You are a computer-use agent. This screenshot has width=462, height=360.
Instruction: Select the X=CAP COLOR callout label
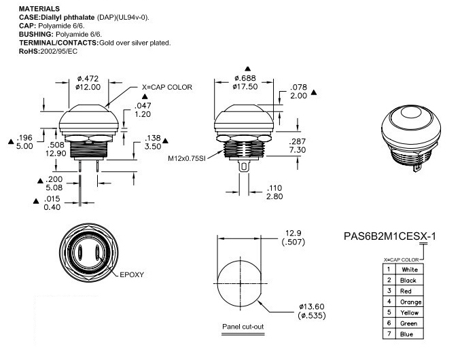[x=167, y=87]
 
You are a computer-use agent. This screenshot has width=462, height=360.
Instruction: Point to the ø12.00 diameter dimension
[x=88, y=88]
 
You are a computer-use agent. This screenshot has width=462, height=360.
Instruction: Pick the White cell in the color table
[x=410, y=270]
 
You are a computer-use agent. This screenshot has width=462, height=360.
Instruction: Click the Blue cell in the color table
[x=410, y=334]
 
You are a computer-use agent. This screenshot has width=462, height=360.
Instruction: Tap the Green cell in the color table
[x=410, y=323]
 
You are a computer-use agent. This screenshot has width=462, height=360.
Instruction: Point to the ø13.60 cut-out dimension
[x=313, y=306]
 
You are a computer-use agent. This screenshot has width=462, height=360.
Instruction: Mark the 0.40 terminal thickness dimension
[x=53, y=207]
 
